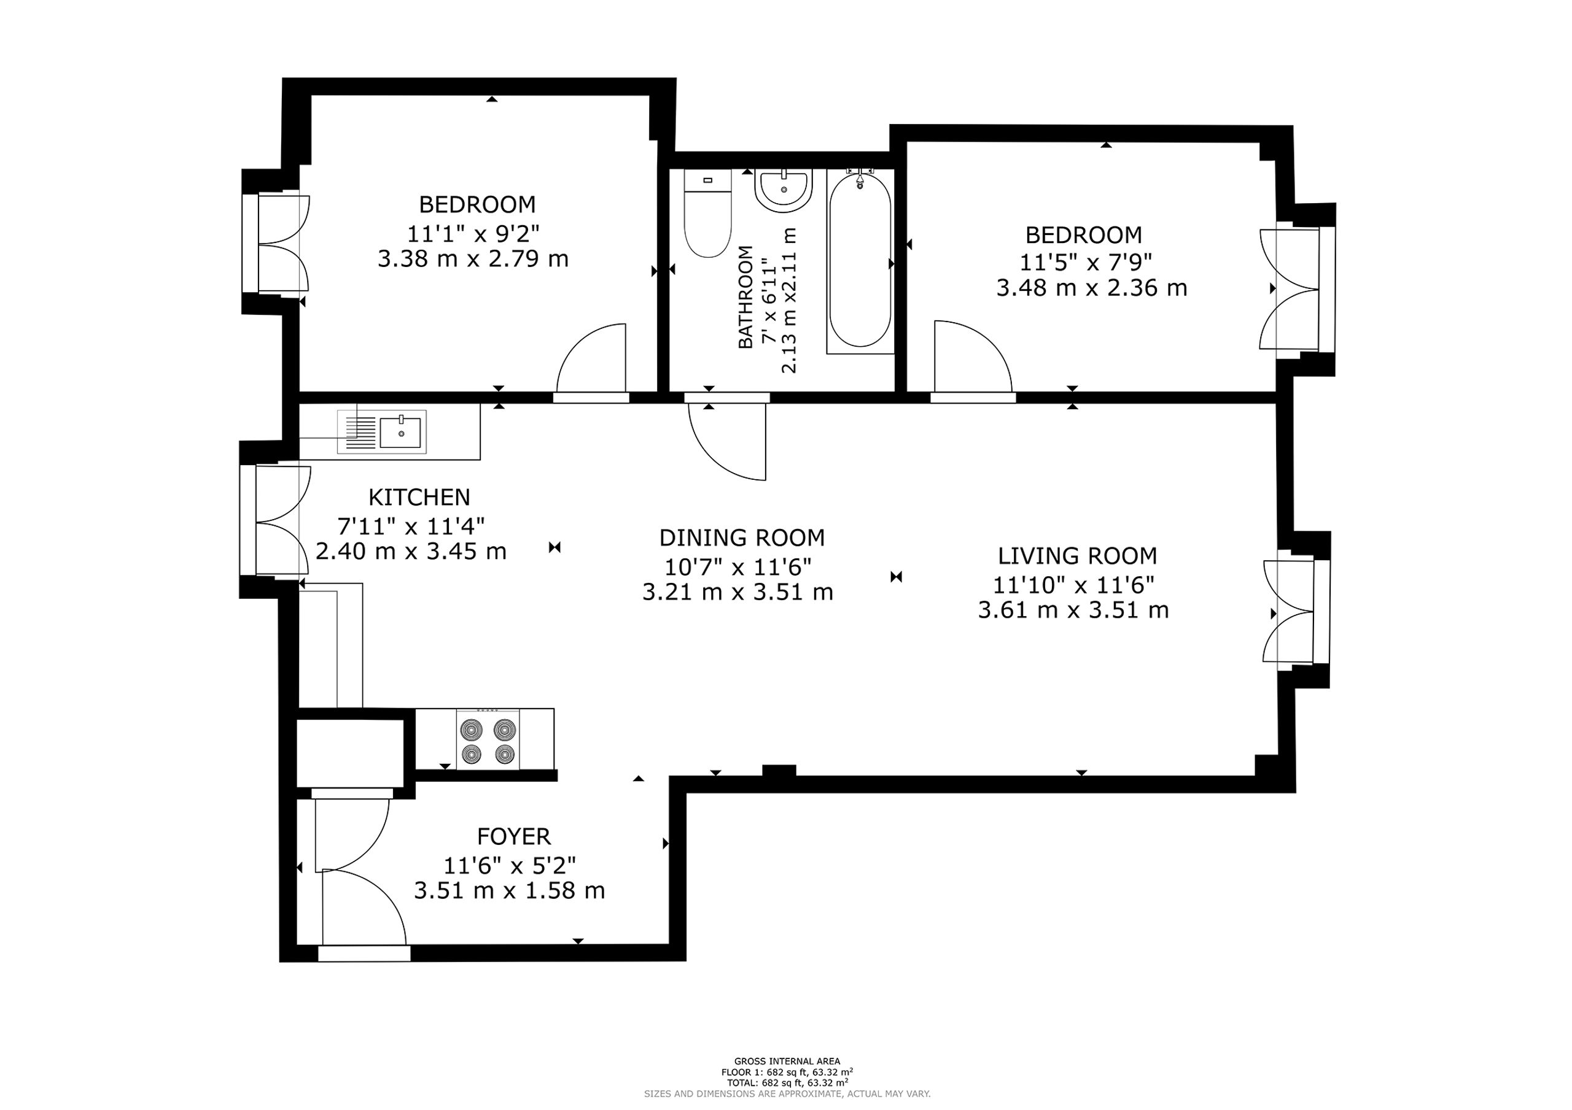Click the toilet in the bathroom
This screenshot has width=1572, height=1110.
(708, 213)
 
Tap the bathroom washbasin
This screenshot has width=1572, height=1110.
(784, 190)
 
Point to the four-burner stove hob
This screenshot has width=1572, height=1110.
(488, 740)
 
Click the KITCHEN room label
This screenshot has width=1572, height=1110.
(419, 497)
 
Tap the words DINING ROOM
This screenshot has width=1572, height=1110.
(742, 538)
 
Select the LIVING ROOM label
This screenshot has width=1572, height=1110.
(1077, 556)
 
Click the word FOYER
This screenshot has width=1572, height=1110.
(513, 836)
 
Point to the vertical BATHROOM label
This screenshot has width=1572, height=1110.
(745, 297)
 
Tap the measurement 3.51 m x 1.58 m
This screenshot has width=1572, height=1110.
(510, 891)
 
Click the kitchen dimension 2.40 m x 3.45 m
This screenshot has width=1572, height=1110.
(411, 551)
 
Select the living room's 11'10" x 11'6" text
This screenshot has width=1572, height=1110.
(1073, 585)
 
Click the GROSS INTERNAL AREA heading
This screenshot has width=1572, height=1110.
(787, 1062)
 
